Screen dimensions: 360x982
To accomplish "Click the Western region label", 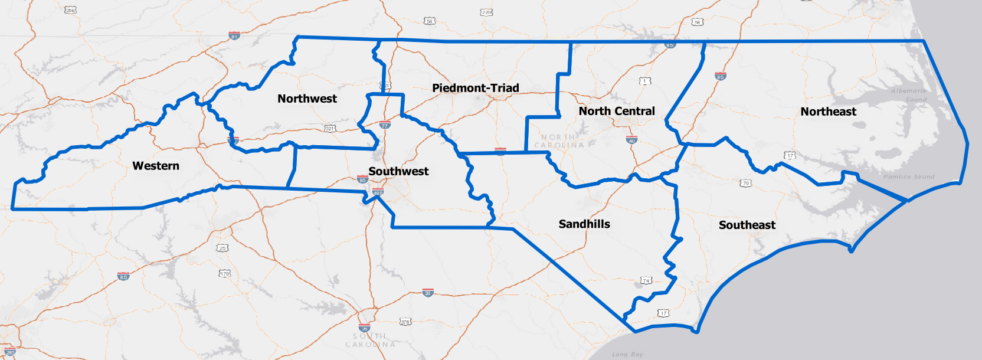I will click(x=156, y=166).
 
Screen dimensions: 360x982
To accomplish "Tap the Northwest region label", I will click(x=307, y=99).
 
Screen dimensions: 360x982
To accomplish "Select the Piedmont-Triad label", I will click(x=476, y=88).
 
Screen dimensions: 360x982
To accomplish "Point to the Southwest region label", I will click(x=398, y=171).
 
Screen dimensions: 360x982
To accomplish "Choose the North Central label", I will click(x=617, y=111).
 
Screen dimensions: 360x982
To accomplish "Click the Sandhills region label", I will click(x=584, y=224).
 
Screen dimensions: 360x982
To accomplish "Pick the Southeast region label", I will click(x=747, y=225).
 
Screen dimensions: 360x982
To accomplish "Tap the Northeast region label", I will click(x=828, y=112).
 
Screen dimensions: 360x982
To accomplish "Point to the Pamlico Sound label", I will click(x=909, y=176).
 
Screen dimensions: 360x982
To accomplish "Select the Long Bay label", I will click(x=627, y=354).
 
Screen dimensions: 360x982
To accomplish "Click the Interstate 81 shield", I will click(x=234, y=35).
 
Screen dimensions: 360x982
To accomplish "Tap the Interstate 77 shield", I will click(x=385, y=125).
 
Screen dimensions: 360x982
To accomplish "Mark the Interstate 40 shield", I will click(x=631, y=140).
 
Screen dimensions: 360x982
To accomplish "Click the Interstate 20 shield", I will click(x=428, y=293).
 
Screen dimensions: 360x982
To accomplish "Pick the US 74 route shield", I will click(x=646, y=280).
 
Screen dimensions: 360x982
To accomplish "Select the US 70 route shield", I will click(x=745, y=183).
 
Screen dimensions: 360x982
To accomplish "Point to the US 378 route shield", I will click(x=405, y=322).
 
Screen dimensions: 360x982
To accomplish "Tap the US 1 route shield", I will click(x=645, y=81).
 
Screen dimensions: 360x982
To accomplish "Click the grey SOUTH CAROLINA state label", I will click(x=370, y=340).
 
